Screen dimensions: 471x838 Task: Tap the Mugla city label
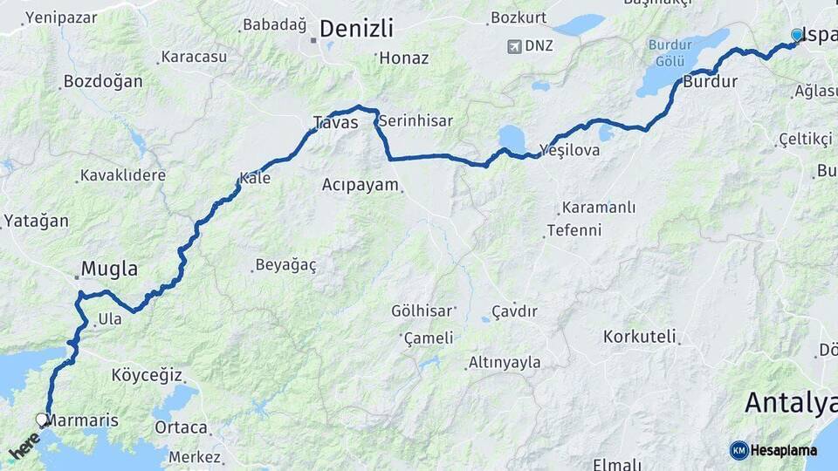109,269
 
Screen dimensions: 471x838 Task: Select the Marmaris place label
82,420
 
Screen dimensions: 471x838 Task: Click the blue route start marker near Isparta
796,35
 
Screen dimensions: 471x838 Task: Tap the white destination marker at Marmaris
42,420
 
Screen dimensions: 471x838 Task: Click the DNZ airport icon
514,45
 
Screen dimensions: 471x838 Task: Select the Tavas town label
335,123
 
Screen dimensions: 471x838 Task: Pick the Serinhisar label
416,121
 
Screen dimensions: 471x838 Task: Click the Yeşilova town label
570,150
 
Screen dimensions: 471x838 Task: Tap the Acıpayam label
360,185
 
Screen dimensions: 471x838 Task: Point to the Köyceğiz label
147,376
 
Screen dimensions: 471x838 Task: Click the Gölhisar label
422,311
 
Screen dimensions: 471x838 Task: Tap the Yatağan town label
36,221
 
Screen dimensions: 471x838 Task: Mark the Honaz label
404,58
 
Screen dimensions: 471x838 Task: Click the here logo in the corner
24,447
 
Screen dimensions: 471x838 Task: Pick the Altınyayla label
505,362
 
